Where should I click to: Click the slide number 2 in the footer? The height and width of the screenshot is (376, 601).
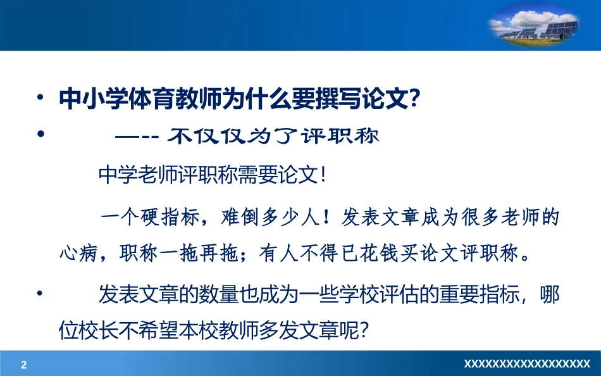coord(24,365)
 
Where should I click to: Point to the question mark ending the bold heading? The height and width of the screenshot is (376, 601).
coord(415,99)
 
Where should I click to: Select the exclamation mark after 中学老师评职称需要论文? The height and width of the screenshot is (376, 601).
coord(323,175)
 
